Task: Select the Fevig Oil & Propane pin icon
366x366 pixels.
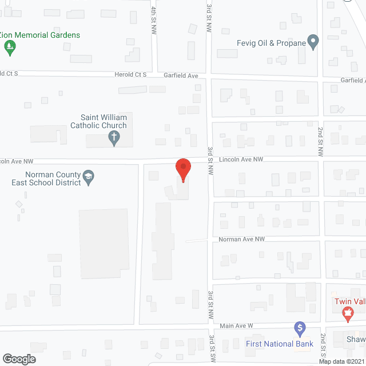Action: pyautogui.click(x=313, y=42)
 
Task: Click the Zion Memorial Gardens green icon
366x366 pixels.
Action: pyautogui.click(x=10, y=49)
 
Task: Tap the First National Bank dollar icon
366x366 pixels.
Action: pyautogui.click(x=299, y=328)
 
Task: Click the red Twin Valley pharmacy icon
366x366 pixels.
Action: pyautogui.click(x=346, y=313)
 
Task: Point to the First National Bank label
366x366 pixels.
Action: pyautogui.click(x=280, y=344)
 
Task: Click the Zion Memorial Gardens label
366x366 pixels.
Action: pyautogui.click(x=40, y=35)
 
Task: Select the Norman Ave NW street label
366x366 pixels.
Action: pyautogui.click(x=242, y=238)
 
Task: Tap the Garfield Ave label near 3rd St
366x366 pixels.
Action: pyautogui.click(x=181, y=75)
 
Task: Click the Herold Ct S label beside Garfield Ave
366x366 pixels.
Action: pyautogui.click(x=130, y=75)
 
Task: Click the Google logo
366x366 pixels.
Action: pyautogui.click(x=18, y=359)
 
